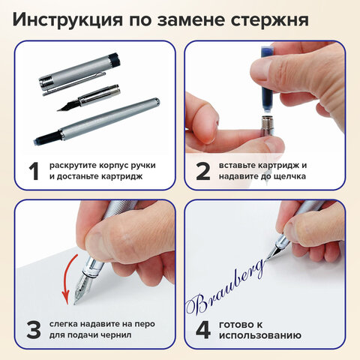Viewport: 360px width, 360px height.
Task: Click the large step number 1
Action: tap(31, 170)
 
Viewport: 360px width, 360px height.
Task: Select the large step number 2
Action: tap(201, 170)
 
